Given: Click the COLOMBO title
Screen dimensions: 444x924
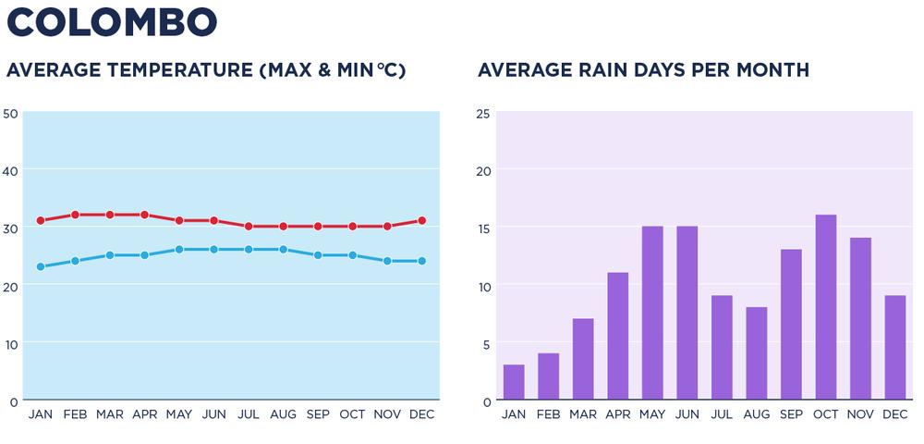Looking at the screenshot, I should (112, 22).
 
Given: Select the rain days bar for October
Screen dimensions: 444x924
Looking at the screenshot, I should (825, 307).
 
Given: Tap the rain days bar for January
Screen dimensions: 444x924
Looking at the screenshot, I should (514, 382).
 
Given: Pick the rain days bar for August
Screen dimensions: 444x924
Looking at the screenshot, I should (756, 353).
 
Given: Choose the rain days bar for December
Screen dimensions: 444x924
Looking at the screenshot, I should (894, 348).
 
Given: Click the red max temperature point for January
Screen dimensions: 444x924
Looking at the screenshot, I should (41, 220).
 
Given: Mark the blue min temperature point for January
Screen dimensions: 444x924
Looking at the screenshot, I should (41, 266).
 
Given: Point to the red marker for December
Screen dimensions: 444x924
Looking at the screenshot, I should (421, 220).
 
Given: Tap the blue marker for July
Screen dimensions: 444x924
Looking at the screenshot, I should (249, 250).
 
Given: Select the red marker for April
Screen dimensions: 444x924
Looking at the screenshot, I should (144, 215).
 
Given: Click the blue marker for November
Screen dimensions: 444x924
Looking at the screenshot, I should (387, 261).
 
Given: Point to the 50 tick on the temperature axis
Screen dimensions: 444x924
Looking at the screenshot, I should (11, 113).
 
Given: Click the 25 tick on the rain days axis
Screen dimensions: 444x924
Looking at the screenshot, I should (482, 113).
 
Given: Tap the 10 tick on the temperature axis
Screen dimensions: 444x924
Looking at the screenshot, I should (11, 343).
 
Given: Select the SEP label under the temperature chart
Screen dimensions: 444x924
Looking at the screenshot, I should (318, 414).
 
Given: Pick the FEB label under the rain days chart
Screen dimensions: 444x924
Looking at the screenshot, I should (549, 414).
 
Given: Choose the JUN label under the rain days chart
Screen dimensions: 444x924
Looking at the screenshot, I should (687, 414).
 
